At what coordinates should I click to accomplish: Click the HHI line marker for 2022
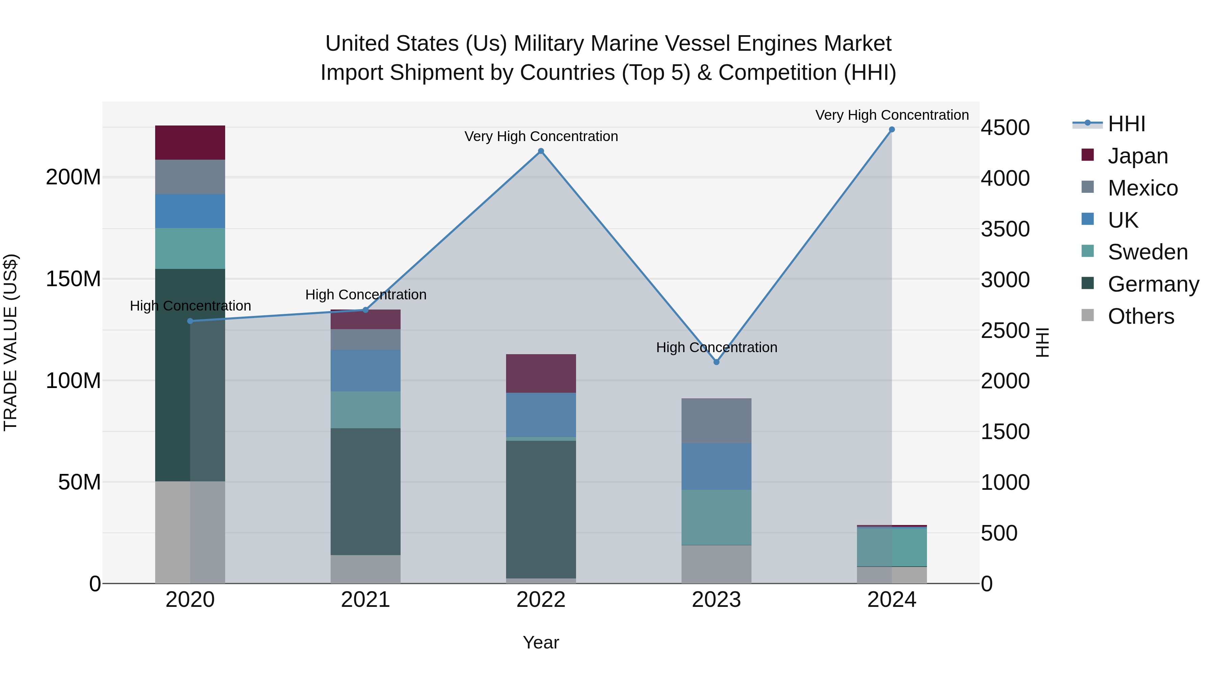point(541,151)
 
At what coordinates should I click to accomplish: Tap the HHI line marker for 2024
point(891,130)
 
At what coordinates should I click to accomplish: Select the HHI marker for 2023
point(716,362)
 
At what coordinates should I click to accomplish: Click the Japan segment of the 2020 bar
point(190,142)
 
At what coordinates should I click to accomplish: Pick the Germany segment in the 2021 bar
point(365,492)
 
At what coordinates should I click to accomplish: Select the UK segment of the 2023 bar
point(716,466)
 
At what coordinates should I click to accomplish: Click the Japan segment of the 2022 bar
point(541,373)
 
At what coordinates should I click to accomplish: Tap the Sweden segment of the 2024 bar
point(891,547)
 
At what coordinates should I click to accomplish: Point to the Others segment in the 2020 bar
point(190,532)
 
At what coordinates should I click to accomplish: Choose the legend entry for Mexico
point(1142,188)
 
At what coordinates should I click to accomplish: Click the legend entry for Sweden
point(1147,252)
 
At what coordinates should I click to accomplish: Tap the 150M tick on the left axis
point(73,279)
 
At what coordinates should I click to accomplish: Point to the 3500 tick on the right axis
point(1005,229)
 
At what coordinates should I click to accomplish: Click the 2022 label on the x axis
point(541,600)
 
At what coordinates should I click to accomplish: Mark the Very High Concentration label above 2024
point(891,115)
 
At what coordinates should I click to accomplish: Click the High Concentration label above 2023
point(716,347)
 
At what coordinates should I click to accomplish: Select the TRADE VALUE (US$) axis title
point(10,342)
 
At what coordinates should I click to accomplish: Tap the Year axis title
point(541,642)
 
